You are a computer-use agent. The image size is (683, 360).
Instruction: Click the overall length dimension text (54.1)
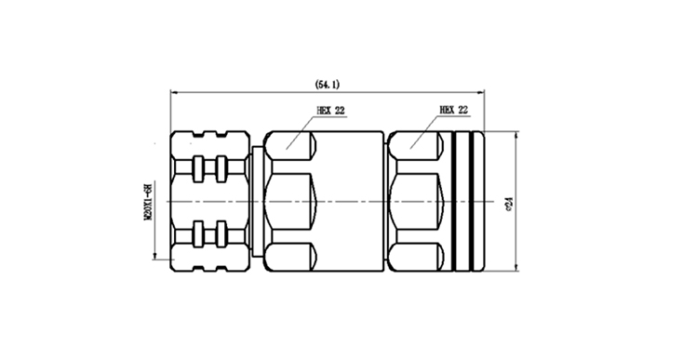(328, 85)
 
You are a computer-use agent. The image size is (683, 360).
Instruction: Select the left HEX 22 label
(330, 111)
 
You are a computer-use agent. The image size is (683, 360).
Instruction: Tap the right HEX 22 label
(454, 110)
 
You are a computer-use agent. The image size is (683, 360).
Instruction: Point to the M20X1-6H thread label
(148, 202)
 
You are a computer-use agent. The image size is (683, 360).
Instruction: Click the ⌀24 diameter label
(508, 204)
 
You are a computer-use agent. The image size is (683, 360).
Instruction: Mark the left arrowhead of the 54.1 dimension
(174, 92)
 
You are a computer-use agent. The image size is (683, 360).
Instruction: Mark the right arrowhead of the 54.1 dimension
(481, 92)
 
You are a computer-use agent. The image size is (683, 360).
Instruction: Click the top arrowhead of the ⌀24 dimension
(516, 135)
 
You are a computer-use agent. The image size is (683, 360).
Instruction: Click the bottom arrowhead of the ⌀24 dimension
(516, 267)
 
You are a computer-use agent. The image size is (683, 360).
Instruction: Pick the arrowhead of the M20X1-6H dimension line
(154, 256)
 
